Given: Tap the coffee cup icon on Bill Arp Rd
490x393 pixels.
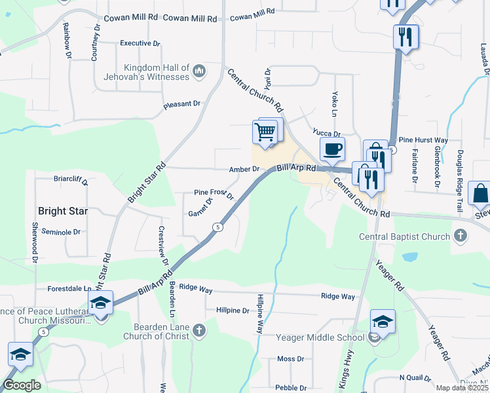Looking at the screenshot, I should tap(332, 149).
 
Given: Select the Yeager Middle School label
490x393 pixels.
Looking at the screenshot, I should tap(320, 337).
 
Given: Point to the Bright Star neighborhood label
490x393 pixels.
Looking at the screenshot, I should tap(62, 211).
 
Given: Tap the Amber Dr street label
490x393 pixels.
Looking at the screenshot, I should tap(244, 169).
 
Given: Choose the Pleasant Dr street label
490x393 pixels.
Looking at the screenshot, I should tap(182, 103).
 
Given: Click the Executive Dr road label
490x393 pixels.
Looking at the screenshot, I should tap(140, 43).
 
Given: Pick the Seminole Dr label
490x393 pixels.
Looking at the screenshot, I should tap(60, 232).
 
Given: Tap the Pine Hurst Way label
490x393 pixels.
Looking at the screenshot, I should tap(423, 140).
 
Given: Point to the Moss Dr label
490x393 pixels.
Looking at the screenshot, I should tap(290, 359).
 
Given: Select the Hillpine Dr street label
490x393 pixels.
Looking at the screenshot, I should tap(227, 310).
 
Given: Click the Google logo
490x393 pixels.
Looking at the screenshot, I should tap(22, 384).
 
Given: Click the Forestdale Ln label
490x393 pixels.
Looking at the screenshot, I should tap(69, 288).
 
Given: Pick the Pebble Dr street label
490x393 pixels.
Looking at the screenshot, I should tap(290, 388).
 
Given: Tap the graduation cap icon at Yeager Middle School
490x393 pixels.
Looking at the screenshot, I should tap(383, 322).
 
